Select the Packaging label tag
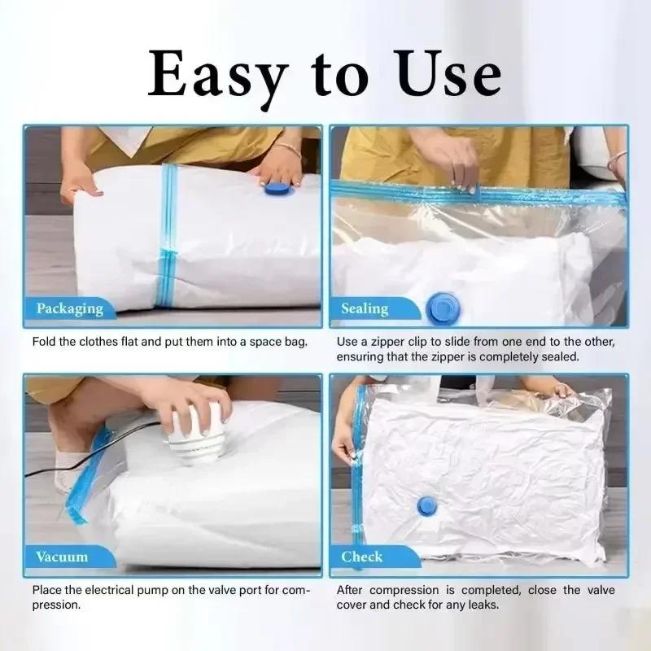(x=69, y=308)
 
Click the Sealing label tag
(x=364, y=308)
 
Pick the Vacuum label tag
(x=61, y=557)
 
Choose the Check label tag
(x=361, y=557)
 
